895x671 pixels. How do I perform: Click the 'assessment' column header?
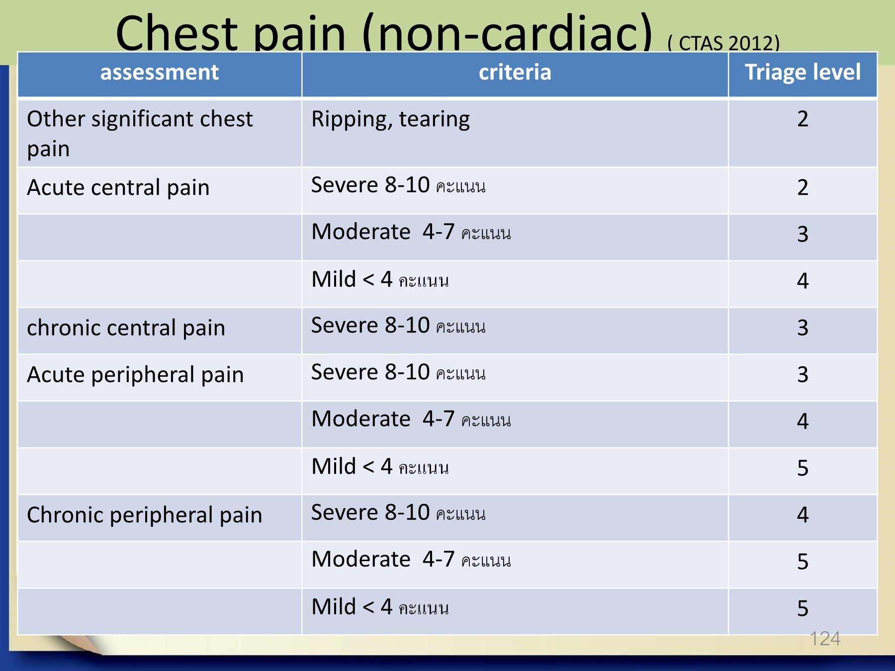pos(160,73)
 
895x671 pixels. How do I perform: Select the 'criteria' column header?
pos(515,73)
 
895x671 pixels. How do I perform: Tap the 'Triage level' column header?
pos(803,73)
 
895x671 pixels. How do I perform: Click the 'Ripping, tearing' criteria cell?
pos(390,120)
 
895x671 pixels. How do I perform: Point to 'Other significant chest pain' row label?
pos(140,134)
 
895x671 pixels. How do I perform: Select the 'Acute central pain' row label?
pos(118,188)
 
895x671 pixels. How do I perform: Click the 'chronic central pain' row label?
pos(126,329)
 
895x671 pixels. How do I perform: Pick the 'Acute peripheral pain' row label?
pos(135,375)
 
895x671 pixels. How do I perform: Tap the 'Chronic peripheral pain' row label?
pos(144,515)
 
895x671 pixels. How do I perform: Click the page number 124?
pos(825,639)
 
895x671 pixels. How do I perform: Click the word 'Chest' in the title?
pos(177,33)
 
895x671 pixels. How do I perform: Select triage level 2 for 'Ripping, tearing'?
pos(803,119)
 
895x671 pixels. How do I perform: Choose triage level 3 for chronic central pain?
pos(803,328)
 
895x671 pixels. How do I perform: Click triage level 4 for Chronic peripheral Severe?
pos(803,515)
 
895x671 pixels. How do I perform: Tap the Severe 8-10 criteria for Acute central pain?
pos(398,185)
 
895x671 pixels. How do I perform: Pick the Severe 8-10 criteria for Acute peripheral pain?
pos(398,372)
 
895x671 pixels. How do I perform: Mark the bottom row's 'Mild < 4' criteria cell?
pos(380,607)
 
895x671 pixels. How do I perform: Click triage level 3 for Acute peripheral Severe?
pos(803,375)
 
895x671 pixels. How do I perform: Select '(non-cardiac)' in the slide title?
pos(507,33)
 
